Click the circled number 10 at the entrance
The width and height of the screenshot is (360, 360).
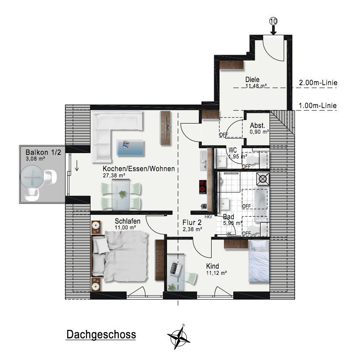point(273,21)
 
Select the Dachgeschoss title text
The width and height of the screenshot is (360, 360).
point(101,334)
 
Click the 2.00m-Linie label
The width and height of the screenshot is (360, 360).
point(318,82)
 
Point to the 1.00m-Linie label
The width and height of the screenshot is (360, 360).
point(318,105)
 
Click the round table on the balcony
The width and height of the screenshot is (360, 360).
point(32,177)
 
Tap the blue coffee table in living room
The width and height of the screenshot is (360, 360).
point(131,148)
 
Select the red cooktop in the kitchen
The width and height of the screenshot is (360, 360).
point(203,187)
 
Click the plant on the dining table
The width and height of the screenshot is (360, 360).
point(122,194)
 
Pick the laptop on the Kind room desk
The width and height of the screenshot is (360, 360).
point(175,268)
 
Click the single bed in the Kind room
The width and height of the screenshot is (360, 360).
point(258,261)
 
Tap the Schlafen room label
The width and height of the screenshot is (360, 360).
point(128,221)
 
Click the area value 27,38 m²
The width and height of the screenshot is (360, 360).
point(114,176)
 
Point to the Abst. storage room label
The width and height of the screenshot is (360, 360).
point(258,126)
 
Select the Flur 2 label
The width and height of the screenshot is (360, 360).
point(192,222)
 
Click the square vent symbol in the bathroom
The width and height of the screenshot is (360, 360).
point(263,179)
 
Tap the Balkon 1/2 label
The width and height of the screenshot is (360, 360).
point(43,152)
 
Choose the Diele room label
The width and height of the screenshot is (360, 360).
point(252,79)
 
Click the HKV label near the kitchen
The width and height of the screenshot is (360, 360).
point(208,217)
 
